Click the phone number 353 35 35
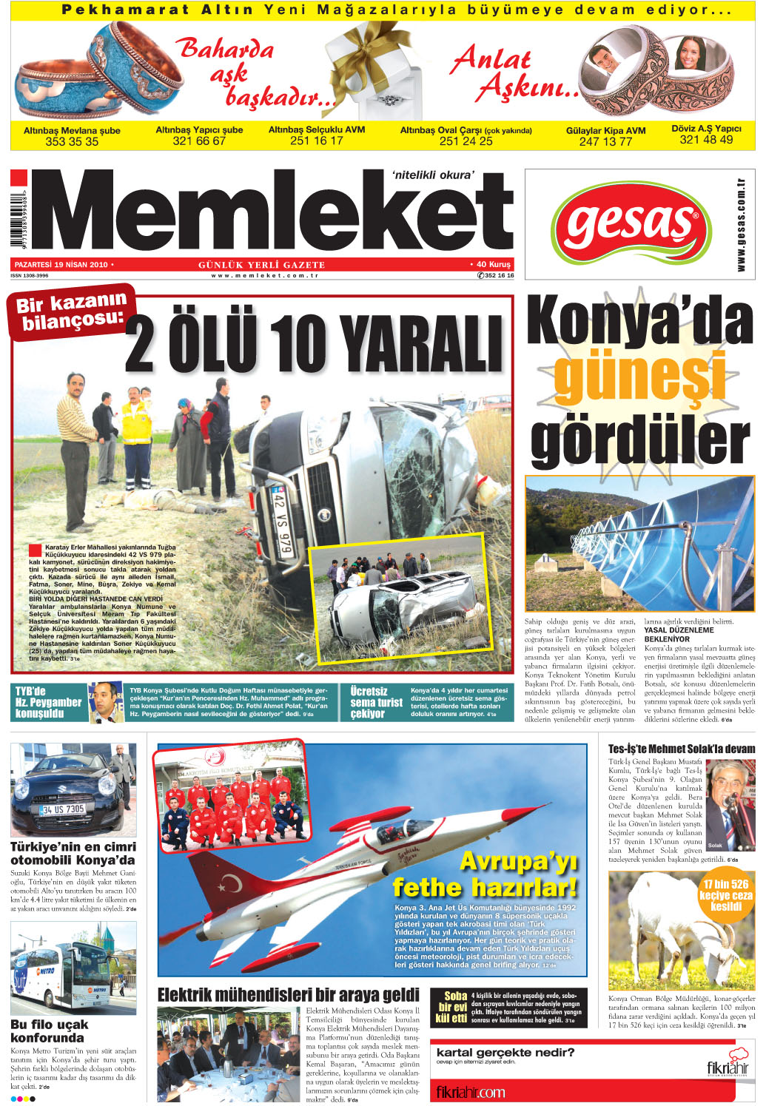72,142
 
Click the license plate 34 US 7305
62,809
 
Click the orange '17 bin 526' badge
726,894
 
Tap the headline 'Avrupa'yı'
518,861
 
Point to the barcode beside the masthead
19,221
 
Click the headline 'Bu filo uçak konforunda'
50,1031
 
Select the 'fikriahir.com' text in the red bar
471,1092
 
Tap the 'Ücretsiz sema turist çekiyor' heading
376,702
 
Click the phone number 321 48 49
706,140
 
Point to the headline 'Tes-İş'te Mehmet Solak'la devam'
681,749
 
